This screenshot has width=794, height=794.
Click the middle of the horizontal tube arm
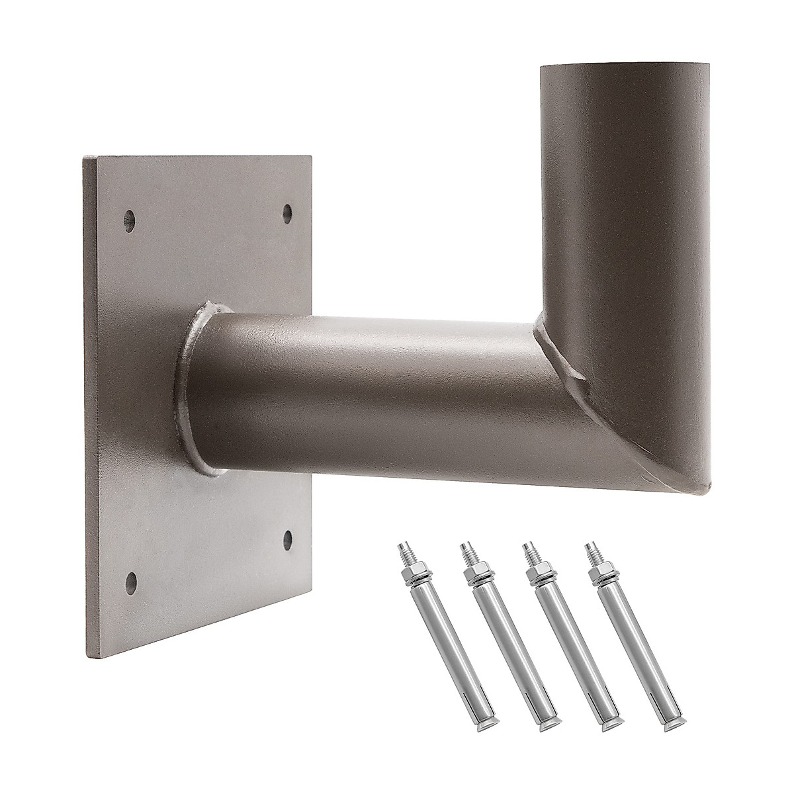click(371, 397)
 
